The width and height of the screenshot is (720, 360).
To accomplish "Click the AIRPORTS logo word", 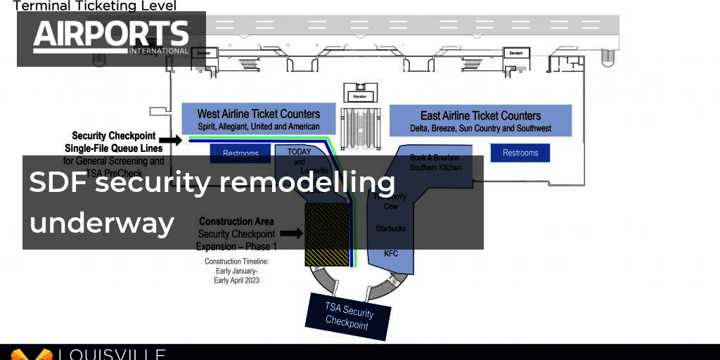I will click(111, 34).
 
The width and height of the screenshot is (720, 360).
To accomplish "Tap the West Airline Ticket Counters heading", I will click(258, 114).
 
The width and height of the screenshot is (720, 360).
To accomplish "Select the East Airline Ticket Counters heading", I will click(480, 116).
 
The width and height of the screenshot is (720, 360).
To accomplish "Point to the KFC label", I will click(391, 253).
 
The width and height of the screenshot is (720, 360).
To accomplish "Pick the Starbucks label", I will click(391, 229).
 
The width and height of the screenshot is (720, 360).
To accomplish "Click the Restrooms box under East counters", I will click(520, 153).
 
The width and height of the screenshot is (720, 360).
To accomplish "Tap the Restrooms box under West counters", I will click(240, 153).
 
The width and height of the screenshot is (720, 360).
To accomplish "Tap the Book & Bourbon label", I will click(436, 158).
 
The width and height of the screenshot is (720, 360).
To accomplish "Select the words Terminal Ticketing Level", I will click(95, 6).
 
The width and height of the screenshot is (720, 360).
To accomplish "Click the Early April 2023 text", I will click(236, 280).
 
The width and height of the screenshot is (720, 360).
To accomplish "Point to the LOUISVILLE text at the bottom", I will click(112, 354).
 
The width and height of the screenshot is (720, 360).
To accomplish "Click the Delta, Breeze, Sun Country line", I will click(480, 129).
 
